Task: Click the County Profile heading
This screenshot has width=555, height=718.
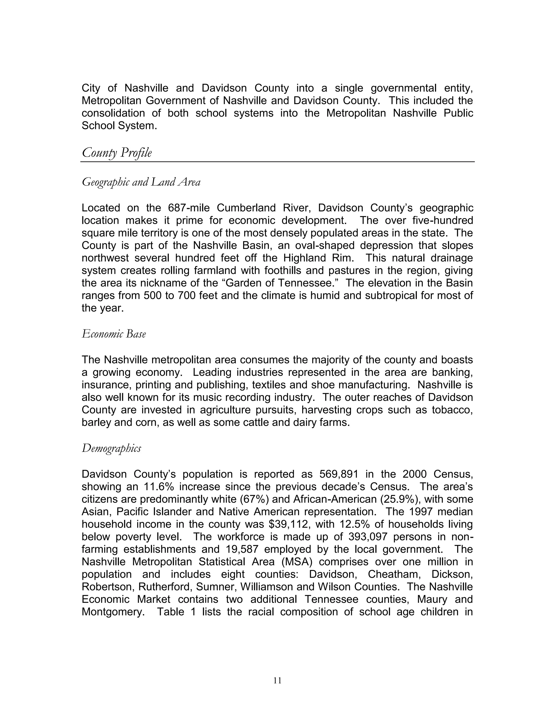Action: click(117, 153)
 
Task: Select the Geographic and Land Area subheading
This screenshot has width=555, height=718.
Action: click(141, 182)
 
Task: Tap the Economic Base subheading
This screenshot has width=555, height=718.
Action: click(114, 334)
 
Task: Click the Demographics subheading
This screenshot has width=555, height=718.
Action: click(111, 448)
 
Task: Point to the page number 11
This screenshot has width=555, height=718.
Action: click(277, 681)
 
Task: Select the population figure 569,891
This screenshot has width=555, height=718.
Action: click(339, 474)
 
